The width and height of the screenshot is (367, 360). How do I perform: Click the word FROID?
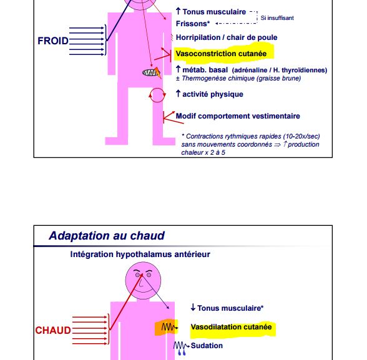tap(53, 41)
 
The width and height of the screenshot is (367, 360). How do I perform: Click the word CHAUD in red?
tap(53, 330)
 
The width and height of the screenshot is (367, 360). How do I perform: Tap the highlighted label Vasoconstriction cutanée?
tap(221, 54)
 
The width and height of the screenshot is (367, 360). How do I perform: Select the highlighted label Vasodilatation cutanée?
tap(231, 327)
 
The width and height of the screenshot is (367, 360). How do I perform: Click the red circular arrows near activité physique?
tap(157, 95)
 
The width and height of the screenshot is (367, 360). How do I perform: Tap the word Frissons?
tap(192, 24)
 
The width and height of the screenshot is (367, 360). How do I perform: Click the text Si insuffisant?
tap(277, 18)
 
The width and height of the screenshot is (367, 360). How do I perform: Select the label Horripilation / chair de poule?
tap(227, 37)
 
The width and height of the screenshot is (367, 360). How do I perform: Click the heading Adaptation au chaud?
tap(107, 236)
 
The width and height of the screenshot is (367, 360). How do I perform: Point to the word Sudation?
tap(207, 346)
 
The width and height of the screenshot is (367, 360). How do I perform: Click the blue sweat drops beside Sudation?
tap(182, 353)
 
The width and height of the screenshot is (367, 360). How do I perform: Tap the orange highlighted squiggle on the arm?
tap(167, 328)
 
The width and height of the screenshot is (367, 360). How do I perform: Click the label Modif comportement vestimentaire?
tap(238, 116)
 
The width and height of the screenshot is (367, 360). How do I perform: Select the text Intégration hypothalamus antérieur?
tap(140, 255)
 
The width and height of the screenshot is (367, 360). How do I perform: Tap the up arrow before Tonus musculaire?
tap(178, 11)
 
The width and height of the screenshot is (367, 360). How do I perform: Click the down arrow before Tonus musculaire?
tap(193, 307)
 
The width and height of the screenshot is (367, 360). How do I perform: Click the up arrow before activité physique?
tap(178, 94)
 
